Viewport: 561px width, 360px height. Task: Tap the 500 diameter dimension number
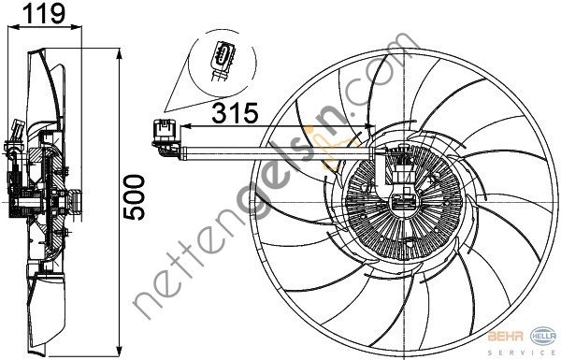(137, 196)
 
